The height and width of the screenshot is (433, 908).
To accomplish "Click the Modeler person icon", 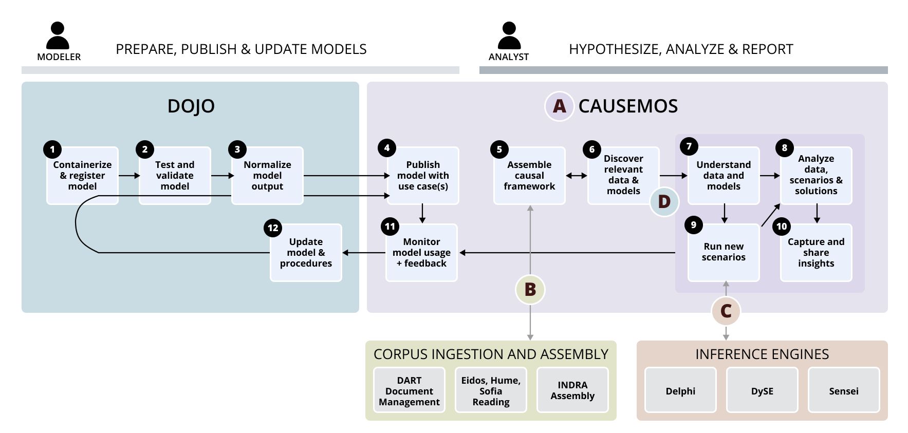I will (58, 35).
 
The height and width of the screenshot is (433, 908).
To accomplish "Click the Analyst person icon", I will (509, 35).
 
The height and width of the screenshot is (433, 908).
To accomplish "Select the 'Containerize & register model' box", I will (82, 176).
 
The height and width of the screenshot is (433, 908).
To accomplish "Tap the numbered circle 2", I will (144, 149).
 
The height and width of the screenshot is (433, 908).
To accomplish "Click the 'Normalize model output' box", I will (267, 176).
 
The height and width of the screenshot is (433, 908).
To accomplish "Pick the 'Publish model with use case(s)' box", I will (422, 176).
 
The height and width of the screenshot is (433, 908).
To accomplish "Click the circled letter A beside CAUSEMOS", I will (559, 106).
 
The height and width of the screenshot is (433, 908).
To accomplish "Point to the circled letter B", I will (530, 290).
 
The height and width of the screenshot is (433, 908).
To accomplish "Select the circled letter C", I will (726, 311).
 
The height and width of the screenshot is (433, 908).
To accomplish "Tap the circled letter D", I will (664, 202).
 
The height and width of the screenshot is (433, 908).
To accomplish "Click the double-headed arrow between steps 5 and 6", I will (576, 176).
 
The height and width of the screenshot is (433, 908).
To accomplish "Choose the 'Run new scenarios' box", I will (723, 252).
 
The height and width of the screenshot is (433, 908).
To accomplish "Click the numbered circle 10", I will (781, 227).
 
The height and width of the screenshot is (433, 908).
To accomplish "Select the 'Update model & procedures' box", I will (306, 252).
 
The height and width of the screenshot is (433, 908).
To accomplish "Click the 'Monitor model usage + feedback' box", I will (421, 252).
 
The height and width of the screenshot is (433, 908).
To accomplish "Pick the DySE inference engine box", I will (762, 390).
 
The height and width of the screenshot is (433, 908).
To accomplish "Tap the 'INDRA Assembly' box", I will (572, 390).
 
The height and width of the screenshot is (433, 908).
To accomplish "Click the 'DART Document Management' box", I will (409, 390).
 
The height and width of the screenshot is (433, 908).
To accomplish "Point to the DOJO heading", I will (191, 106).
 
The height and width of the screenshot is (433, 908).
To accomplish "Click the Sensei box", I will (843, 390).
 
